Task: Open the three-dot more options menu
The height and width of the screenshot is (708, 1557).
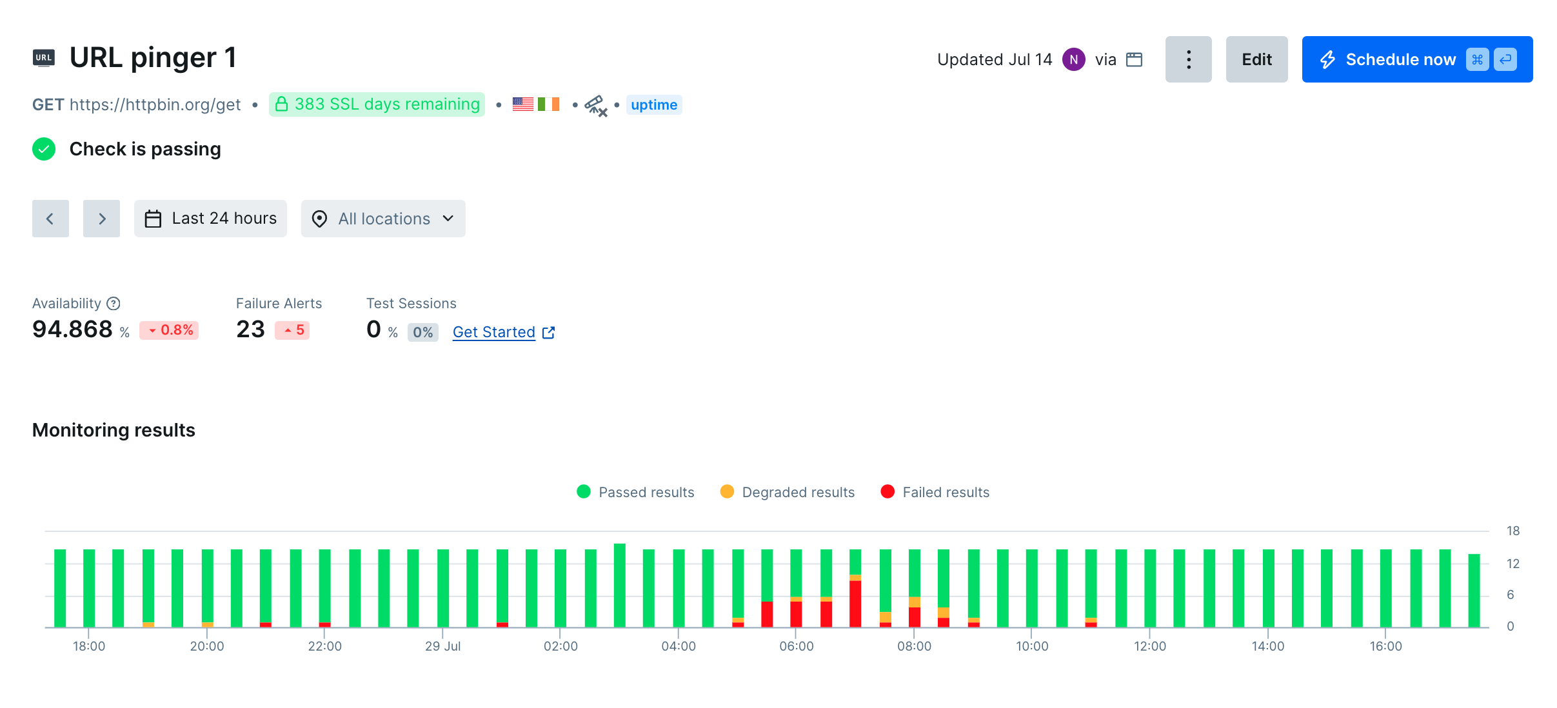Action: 1188,59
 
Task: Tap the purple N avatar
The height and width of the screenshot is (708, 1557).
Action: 1073,59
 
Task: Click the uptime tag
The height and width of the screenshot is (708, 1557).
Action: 653,104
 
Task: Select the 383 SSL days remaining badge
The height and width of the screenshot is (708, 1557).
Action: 377,104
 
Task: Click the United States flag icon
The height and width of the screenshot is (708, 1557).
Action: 522,104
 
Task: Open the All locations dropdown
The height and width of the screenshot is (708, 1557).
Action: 383,219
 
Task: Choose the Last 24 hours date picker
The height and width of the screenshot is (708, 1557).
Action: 210,219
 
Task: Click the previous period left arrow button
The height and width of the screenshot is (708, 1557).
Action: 50,219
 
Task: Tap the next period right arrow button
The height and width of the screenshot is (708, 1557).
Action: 101,219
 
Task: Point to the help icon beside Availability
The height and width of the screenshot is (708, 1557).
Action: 114,304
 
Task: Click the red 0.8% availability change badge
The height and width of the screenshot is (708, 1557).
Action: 170,330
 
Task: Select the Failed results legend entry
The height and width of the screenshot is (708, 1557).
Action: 935,492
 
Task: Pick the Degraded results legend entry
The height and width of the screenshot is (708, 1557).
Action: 788,492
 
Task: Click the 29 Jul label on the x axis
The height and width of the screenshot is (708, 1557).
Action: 442,646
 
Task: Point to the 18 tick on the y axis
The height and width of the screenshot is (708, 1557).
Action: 1512,531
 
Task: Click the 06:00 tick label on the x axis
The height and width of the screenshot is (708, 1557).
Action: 796,646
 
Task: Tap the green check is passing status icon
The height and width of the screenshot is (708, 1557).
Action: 44,149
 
